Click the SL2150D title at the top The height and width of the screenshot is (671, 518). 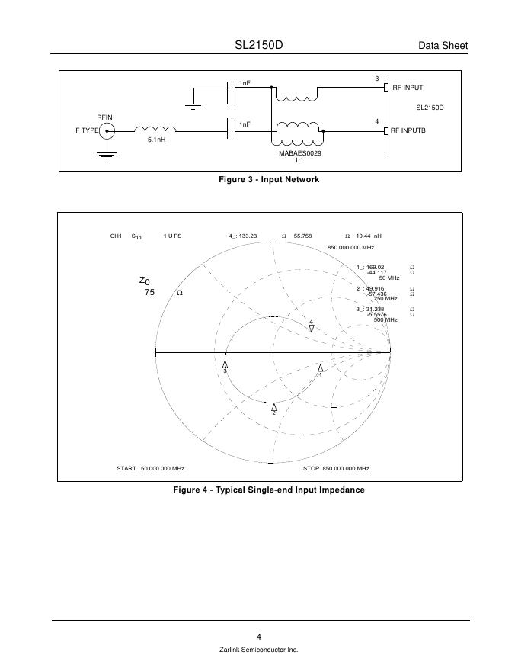click(x=258, y=45)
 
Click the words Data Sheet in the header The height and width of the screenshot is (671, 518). click(x=443, y=47)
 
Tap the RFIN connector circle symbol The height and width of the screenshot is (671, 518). click(x=107, y=130)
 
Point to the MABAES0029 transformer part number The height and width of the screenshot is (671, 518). click(x=300, y=153)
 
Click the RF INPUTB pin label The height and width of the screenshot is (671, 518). click(x=408, y=130)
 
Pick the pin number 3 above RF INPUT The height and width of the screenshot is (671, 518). click(x=376, y=79)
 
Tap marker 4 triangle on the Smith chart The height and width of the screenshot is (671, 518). click(x=312, y=328)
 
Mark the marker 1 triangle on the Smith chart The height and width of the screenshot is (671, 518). click(x=320, y=368)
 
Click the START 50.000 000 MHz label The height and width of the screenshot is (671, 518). click(x=150, y=468)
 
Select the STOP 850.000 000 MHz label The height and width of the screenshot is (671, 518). click(x=336, y=468)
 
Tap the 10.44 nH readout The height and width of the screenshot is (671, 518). click(x=369, y=236)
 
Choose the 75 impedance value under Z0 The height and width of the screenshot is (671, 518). click(x=149, y=292)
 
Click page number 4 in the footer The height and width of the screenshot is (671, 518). click(x=259, y=637)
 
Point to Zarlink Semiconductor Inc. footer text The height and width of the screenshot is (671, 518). click(x=258, y=650)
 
